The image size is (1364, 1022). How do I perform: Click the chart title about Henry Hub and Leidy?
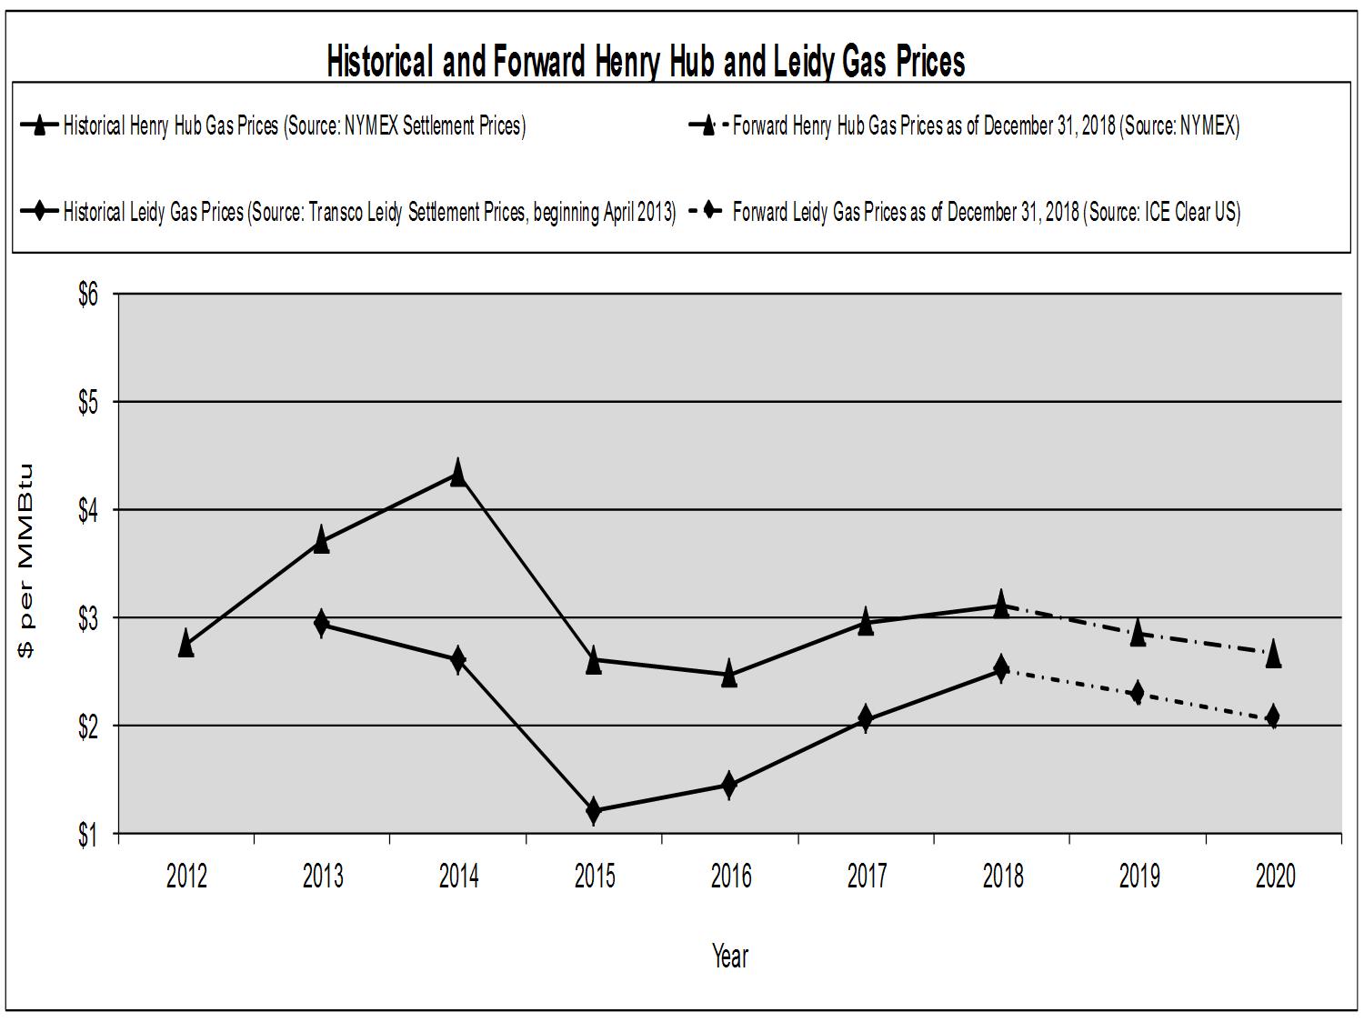(x=646, y=62)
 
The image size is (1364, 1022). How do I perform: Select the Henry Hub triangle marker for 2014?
(x=457, y=473)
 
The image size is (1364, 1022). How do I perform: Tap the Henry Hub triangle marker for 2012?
(x=186, y=644)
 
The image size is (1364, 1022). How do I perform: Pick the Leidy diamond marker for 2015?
(x=594, y=810)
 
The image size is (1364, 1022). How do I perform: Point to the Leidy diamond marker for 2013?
(x=321, y=624)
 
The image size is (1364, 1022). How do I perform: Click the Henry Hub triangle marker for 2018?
(x=1001, y=604)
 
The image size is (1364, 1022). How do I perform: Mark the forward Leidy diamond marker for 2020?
(x=1273, y=716)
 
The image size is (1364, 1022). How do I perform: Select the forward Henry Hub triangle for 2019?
(x=1137, y=633)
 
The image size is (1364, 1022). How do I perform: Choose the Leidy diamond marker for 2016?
(x=729, y=785)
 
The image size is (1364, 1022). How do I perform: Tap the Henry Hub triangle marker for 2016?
(x=729, y=675)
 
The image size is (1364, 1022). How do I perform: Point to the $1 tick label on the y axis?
(x=87, y=834)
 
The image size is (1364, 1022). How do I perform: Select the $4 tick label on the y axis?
(x=87, y=510)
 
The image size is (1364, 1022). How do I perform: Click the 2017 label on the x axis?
(x=867, y=877)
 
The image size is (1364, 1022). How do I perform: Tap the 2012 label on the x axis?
(x=186, y=877)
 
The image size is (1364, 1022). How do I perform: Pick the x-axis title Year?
(x=730, y=956)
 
